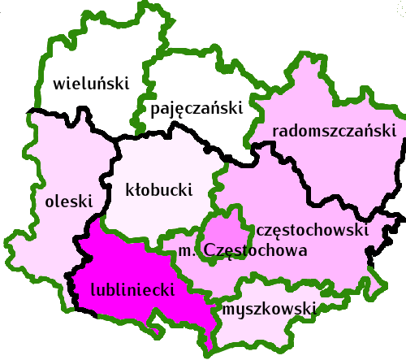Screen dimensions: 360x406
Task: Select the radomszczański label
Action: [x=334, y=131]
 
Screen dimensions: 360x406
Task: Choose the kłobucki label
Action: [x=159, y=191]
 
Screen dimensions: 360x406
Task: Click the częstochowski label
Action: [x=313, y=231]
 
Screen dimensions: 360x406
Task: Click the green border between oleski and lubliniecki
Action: [x=82, y=244]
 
